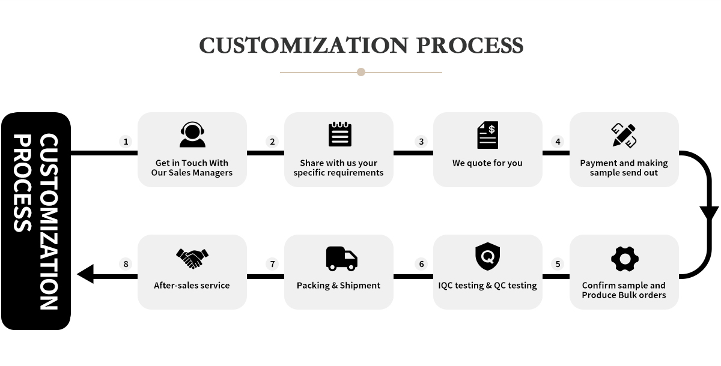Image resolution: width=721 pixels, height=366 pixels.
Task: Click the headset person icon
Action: tap(192, 134)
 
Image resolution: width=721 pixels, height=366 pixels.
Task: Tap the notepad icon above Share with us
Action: tap(340, 134)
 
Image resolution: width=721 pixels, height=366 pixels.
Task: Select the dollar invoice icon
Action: tap(488, 135)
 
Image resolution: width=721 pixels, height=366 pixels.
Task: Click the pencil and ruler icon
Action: tap(624, 135)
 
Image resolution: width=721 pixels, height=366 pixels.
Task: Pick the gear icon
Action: tap(625, 259)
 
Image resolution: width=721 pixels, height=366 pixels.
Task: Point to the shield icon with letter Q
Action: tap(488, 256)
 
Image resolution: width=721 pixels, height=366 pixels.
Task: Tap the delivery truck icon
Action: tap(341, 259)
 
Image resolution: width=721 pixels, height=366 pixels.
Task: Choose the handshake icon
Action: tap(192, 259)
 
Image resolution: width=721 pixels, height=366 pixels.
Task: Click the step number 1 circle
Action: tap(126, 142)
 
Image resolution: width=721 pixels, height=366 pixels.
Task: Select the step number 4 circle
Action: tap(558, 142)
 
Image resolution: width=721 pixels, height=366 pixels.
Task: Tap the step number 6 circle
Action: tap(421, 264)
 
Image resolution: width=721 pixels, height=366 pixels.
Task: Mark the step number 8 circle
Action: tap(126, 264)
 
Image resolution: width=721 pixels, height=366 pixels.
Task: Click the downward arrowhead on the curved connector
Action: tap(709, 214)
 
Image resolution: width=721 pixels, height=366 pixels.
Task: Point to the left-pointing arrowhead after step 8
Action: tap(85, 274)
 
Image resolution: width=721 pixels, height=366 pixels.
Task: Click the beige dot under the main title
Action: tap(361, 72)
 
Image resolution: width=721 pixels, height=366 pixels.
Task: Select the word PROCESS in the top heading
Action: tap(470, 46)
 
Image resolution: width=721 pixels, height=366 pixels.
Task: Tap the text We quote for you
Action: tap(487, 163)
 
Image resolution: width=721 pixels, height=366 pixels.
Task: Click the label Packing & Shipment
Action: tap(338, 286)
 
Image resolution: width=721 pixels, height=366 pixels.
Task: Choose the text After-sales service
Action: tap(192, 286)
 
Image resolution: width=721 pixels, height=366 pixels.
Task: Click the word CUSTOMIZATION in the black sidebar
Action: tap(49, 222)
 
